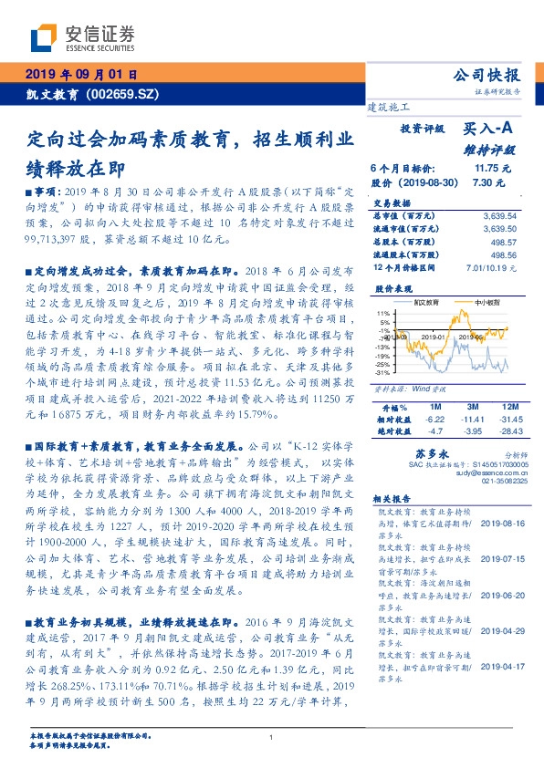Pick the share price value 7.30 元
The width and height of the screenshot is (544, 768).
[488, 182]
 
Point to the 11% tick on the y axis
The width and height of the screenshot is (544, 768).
[383, 313]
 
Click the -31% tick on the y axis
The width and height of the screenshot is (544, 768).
[383, 371]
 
